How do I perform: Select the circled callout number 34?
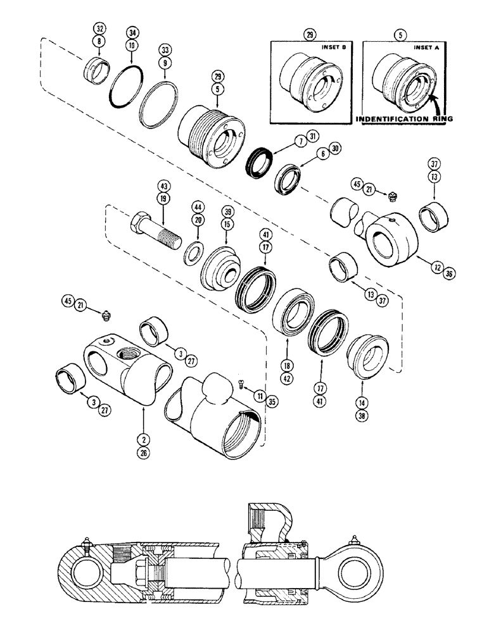pyautogui.click(x=132, y=32)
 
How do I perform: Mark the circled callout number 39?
pyautogui.click(x=225, y=210)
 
